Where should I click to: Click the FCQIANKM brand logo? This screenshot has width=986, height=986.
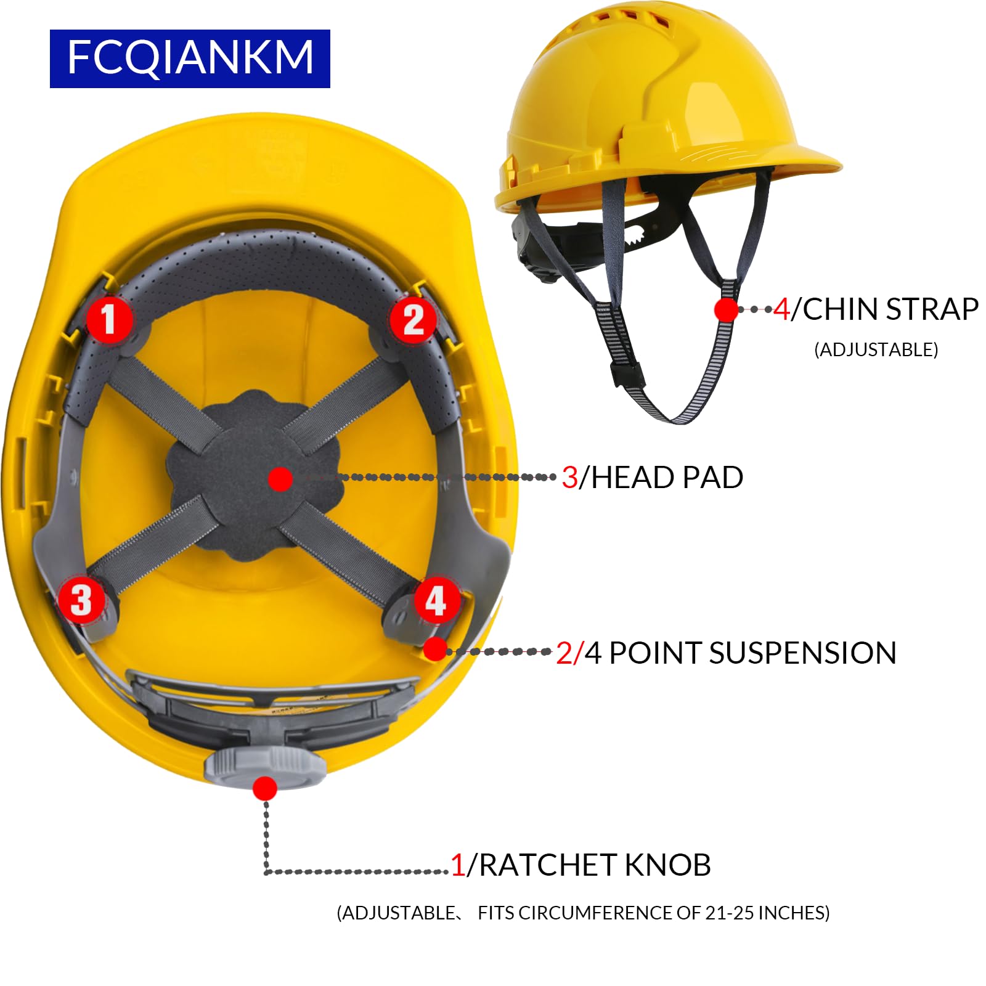190,59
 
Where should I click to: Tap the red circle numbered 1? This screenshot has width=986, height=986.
109,319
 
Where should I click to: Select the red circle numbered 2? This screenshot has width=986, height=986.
413,319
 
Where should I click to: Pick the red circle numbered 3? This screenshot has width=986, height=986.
81,600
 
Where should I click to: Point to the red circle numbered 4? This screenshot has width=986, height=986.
436,600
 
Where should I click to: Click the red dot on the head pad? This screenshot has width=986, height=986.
280,479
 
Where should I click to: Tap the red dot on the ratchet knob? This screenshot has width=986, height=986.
265,788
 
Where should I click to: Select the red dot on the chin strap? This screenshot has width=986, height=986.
726,309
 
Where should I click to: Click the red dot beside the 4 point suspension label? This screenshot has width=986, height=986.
435,649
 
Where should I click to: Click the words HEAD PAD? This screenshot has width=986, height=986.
667,478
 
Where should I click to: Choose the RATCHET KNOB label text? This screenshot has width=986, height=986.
595,865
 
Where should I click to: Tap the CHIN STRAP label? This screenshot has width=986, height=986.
890,309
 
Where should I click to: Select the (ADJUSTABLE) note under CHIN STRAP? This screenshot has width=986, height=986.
876,350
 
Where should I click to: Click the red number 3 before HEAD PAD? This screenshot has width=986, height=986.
569,478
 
